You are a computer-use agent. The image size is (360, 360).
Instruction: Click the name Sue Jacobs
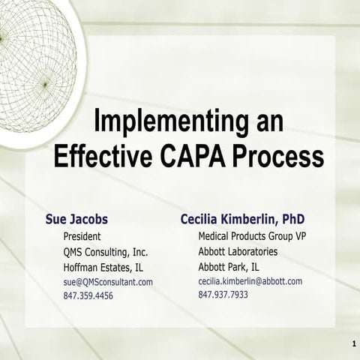click(76, 219)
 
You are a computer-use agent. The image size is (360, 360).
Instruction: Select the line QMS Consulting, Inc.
click(106, 251)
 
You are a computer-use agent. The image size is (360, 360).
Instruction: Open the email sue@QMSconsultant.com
click(108, 282)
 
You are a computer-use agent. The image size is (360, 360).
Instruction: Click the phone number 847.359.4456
click(88, 296)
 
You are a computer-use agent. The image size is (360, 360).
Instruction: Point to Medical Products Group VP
click(252, 236)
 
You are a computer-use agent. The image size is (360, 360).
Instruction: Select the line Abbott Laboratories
click(238, 251)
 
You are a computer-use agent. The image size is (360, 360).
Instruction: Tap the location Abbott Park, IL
click(229, 266)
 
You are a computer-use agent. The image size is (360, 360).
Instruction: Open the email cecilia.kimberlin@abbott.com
click(250, 281)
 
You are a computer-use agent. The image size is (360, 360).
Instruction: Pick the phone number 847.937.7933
click(223, 295)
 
